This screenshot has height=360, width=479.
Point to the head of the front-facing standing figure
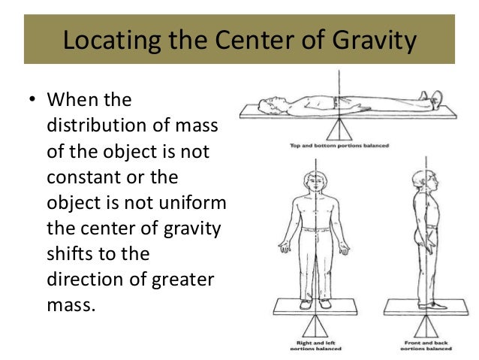tap(311, 181)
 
